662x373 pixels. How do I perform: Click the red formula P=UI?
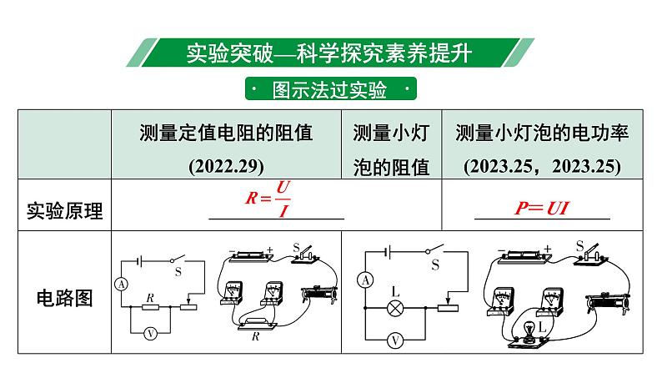click(540, 209)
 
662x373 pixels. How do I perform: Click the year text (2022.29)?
click(226, 164)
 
